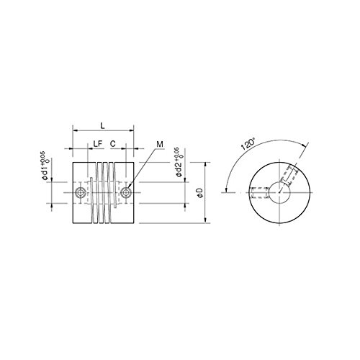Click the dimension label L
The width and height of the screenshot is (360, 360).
pos(102,125)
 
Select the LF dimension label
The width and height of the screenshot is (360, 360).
pos(98,144)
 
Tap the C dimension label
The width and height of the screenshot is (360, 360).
pos(113,144)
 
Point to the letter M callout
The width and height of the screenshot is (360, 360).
pos(160,144)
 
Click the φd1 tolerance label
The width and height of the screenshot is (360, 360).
pos(45,166)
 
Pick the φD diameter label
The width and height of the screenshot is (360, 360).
pos(200,193)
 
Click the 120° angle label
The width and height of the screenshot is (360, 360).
pos(248,144)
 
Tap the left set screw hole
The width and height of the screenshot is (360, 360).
pos(80,192)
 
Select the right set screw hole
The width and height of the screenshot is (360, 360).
pos(126,192)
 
